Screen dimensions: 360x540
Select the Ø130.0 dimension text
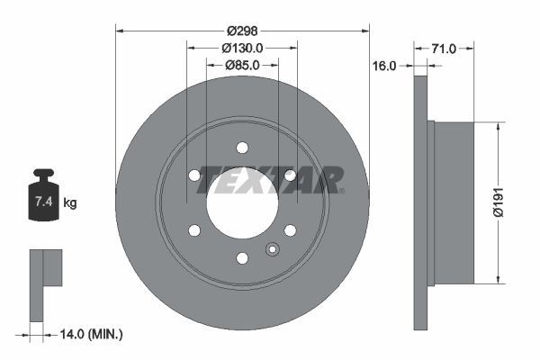click(241, 48)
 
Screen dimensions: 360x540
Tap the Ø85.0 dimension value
click(241, 65)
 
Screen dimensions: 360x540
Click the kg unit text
click(70, 203)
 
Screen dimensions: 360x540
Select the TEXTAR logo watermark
click(270, 179)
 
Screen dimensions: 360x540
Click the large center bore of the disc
click(242, 202)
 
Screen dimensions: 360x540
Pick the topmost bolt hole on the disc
click(242, 148)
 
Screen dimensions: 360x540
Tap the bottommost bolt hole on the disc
click(242, 258)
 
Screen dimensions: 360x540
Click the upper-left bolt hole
click(194, 175)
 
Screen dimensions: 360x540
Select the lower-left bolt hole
click(194, 230)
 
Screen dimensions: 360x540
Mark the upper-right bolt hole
click(290, 175)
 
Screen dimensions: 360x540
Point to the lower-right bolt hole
click(290, 230)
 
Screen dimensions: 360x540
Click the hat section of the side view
click(453, 202)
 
